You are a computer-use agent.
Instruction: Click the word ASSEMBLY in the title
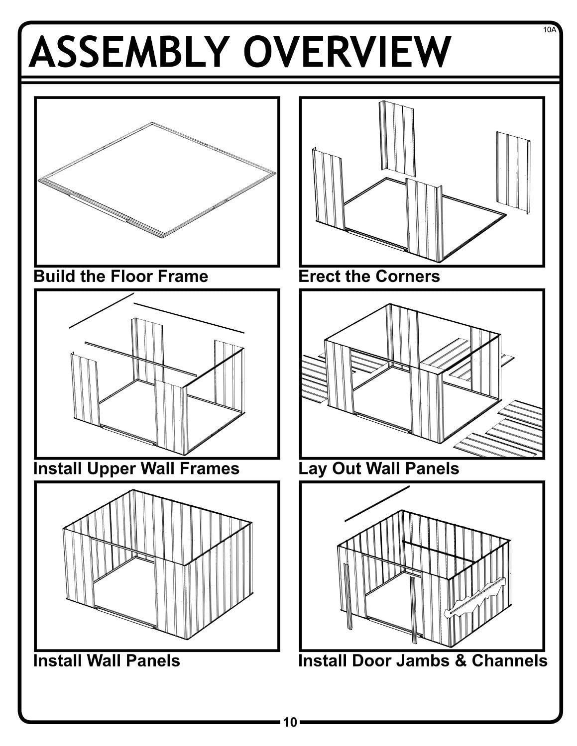(129, 52)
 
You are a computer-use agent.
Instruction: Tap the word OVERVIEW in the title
(347, 52)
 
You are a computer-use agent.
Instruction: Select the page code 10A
(549, 29)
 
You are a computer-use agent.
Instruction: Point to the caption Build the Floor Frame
(121, 277)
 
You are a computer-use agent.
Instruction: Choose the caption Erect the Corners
(369, 277)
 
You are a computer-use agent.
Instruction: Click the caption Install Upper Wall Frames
(136, 468)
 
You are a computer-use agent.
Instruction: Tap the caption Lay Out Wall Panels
(379, 469)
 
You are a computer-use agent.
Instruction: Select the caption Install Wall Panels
(107, 661)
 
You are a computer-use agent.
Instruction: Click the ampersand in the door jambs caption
(461, 661)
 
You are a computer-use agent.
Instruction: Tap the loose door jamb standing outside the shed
(348, 596)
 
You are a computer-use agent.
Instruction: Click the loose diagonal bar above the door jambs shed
(377, 503)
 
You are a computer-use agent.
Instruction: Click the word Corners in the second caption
(408, 277)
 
